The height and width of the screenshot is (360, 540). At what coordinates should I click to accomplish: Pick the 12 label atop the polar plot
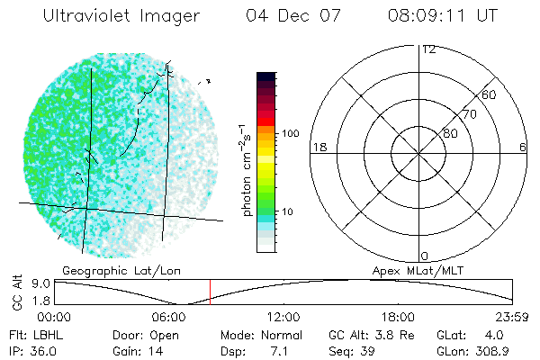coord(428,49)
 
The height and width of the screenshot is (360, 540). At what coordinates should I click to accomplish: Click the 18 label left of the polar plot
coord(318,147)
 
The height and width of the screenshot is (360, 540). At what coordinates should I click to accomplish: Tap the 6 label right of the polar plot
coord(523,147)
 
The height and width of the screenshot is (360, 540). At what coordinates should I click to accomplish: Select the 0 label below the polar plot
coord(424,256)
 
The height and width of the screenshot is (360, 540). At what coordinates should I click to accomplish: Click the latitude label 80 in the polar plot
coord(450,133)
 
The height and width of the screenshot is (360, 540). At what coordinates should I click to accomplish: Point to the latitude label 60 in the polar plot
coord(490,94)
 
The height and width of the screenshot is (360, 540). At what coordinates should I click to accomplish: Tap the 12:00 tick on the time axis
coord(283,317)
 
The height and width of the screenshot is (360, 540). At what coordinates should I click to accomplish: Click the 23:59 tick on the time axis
coord(514,317)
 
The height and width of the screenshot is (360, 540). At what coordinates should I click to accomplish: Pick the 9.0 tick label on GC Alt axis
coord(40,283)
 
